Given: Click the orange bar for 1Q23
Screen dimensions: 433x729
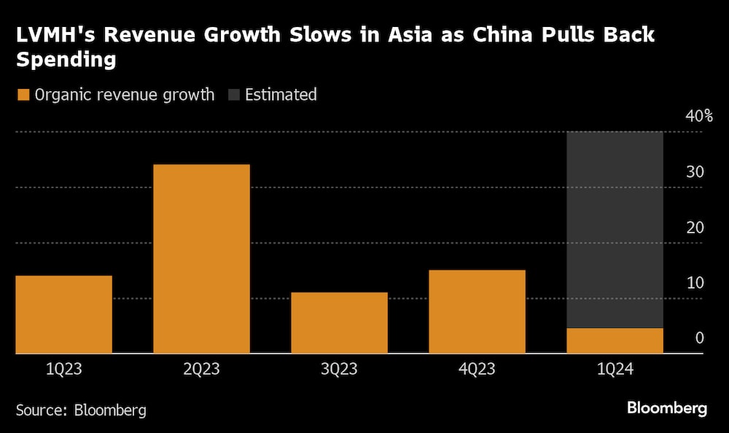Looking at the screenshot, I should (63, 314).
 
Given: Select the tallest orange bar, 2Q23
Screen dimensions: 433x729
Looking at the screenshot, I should (201, 259).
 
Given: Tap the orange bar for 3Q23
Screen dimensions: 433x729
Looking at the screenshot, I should (339, 323).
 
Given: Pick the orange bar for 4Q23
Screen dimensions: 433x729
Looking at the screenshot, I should (477, 311).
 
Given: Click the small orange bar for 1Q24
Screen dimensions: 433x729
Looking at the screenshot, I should (615, 340).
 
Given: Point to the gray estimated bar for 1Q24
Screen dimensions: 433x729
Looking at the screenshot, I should (615, 230).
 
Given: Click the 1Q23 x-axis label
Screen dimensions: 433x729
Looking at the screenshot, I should (63, 370).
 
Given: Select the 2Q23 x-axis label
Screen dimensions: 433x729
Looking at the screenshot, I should (201, 370).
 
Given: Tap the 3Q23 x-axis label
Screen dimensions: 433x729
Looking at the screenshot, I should (339, 370).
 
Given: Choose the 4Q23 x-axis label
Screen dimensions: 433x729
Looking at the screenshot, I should (477, 370).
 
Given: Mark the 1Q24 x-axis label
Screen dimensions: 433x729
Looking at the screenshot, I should (615, 370).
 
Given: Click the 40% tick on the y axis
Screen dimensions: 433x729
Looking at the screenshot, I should (698, 117).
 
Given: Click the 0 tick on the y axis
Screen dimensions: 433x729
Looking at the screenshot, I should (698, 338).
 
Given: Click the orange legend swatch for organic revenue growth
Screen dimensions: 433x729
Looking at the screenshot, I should (23, 95).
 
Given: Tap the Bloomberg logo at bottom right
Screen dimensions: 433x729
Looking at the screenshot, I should (667, 408).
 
